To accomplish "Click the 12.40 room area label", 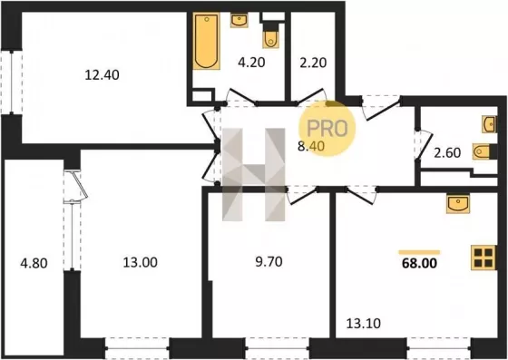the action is (x=102, y=75).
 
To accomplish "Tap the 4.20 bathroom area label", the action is (x=251, y=63).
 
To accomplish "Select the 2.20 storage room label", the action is (x=313, y=63).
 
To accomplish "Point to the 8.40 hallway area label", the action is (x=311, y=146).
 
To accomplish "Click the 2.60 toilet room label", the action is (x=447, y=152).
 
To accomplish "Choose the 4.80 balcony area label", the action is (x=34, y=263).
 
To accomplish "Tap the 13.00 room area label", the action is (x=141, y=262).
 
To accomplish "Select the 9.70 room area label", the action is (x=269, y=261).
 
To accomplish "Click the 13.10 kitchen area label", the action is (x=364, y=323).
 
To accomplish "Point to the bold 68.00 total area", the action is (x=419, y=264).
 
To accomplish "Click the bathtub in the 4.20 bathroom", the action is (x=207, y=41).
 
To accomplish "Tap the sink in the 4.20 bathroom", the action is (x=239, y=20).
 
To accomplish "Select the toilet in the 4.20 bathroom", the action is (x=271, y=37).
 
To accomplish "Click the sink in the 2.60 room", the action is (x=489, y=124).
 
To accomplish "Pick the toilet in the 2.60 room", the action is (x=483, y=151).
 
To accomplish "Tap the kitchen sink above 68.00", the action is (x=458, y=203).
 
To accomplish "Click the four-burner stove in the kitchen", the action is (x=484, y=258).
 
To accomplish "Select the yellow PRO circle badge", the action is (x=327, y=128).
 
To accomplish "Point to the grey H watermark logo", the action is (x=254, y=175).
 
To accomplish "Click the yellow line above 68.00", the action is (x=419, y=252).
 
